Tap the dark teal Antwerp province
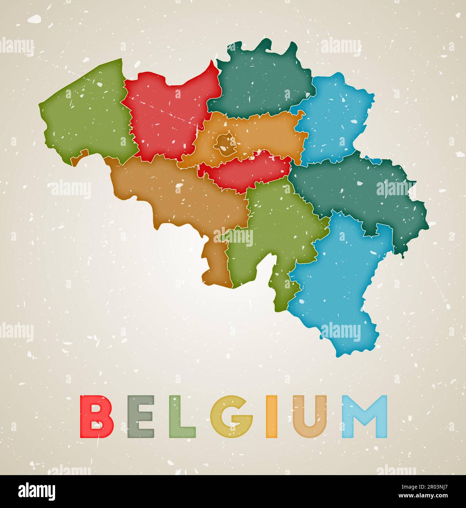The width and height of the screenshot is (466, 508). tap(261, 82)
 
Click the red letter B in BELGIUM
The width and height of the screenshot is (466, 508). tap(96, 417)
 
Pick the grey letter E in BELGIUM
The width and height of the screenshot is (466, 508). tap(140, 417)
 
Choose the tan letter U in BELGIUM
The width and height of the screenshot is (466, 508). tap(310, 417)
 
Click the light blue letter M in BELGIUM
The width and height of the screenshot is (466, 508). tap(365, 417)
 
